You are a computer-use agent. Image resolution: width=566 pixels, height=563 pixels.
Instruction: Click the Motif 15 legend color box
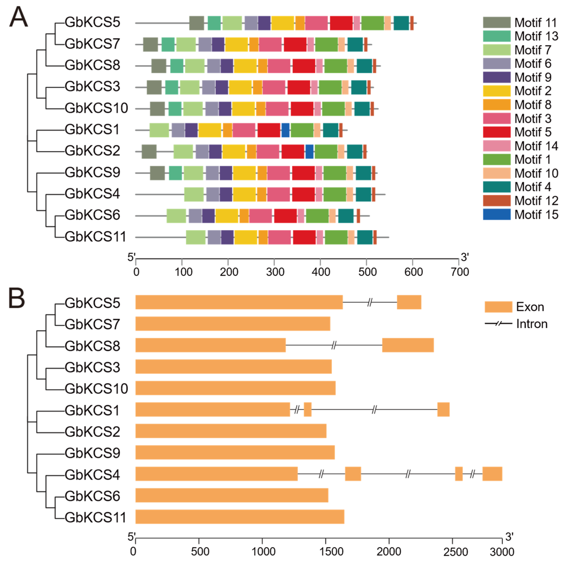coord(497,214)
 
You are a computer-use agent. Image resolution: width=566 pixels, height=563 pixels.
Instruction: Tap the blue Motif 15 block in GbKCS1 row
coord(285,130)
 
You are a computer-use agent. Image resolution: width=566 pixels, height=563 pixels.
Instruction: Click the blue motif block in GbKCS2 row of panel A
coord(309,152)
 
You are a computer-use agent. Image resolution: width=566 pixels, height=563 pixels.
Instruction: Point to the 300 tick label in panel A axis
coord(275,272)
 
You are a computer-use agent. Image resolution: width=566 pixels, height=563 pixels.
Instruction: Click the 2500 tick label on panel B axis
coord(455,552)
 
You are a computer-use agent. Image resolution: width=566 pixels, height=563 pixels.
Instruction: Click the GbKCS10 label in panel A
coord(96,108)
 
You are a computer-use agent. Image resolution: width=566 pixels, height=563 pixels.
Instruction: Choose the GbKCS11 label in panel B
coord(95,517)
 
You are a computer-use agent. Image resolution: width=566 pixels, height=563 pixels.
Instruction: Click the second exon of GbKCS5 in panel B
coord(409,302)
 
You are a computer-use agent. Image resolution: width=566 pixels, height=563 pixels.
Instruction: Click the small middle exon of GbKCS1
coord(308,409)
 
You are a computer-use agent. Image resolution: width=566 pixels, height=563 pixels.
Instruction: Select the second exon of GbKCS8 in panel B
coord(408,345)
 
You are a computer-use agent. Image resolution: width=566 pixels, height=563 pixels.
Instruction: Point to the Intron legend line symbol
coord(498,324)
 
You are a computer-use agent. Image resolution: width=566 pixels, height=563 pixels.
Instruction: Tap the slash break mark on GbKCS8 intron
coord(334,345)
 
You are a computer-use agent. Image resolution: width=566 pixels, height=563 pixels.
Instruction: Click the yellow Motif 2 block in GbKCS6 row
coord(227,216)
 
